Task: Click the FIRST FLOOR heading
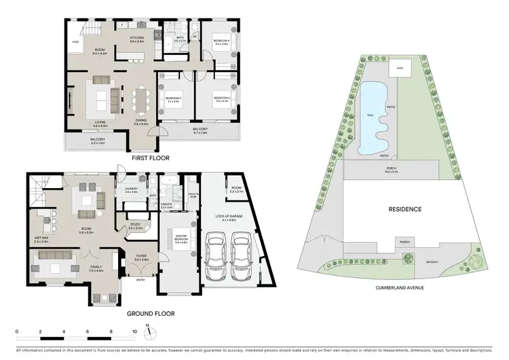[151, 158]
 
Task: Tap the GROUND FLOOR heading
[151, 314]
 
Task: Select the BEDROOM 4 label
[219, 41]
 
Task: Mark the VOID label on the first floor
[75, 41]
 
